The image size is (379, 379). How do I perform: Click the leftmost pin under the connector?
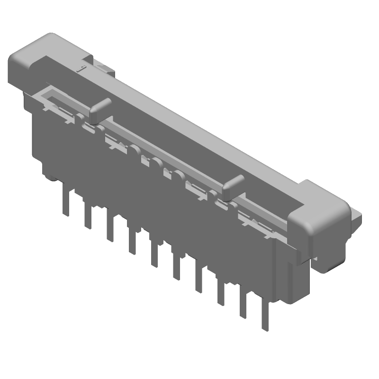[64, 201]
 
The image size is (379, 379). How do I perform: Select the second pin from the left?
[88, 216]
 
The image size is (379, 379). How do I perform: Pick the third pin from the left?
[110, 228]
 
